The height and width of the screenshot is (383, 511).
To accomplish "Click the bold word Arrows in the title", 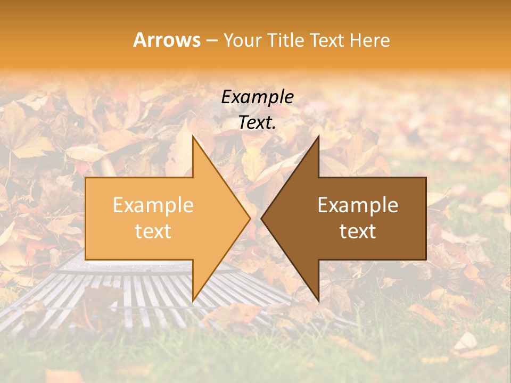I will coord(167,40).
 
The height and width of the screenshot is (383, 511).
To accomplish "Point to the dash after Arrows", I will coord(211,41).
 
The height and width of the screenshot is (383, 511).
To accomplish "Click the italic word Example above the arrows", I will coord(257,97).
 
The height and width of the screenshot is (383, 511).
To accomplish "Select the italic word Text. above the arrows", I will coord(257,122).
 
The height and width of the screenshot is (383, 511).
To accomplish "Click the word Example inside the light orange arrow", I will coord(153,205).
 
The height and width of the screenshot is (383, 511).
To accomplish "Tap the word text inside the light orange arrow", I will coord(153,231).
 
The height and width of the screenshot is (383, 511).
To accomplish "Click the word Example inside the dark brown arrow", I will coord(358,205).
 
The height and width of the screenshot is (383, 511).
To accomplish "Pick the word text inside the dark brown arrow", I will coord(358,231).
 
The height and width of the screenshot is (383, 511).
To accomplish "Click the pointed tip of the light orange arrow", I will coord(249,218).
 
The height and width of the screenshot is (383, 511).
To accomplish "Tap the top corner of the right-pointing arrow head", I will coord(193,137).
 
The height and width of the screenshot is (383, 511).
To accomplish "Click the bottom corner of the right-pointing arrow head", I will coord(193,300).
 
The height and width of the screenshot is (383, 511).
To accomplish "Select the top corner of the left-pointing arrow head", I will coord(318,137).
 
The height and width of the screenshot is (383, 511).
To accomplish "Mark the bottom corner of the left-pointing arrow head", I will coord(318,300).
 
